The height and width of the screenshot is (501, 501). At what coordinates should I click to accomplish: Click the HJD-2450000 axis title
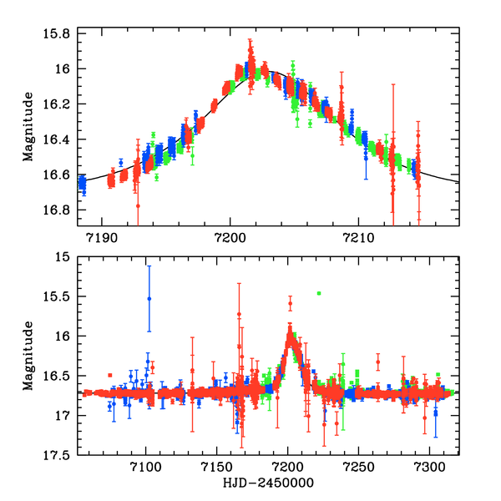click(267, 483)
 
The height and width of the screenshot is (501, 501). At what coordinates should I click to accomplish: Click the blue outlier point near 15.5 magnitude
click(149, 298)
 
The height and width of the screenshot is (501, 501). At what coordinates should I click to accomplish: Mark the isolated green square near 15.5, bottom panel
click(318, 293)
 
